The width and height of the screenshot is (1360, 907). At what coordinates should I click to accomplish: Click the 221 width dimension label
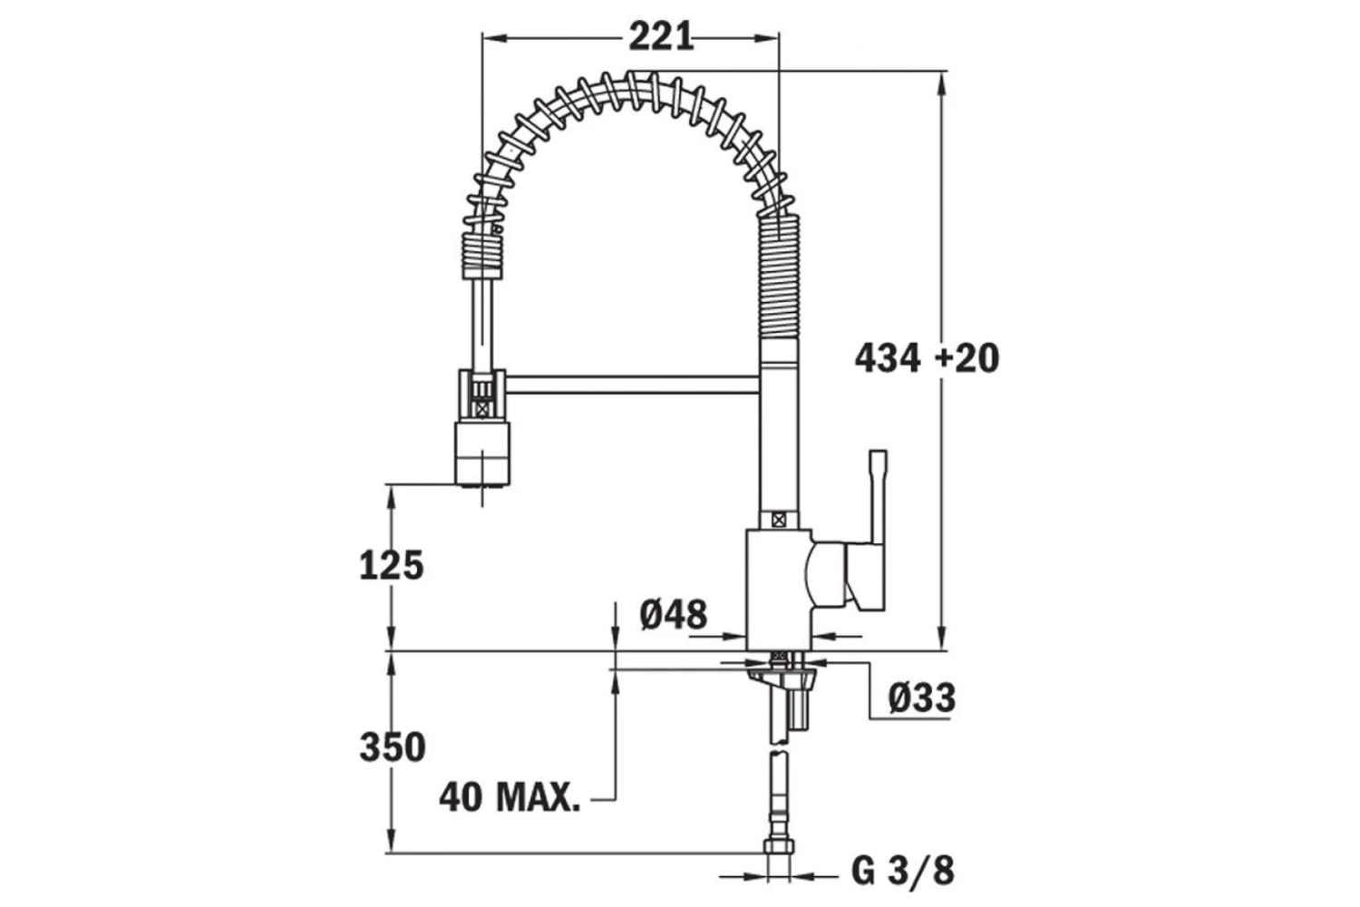coord(661,37)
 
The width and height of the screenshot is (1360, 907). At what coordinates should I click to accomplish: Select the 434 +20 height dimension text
coord(927,358)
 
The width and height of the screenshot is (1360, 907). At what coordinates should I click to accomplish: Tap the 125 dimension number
coord(392,565)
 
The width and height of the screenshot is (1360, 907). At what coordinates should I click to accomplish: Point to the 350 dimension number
coord(392,747)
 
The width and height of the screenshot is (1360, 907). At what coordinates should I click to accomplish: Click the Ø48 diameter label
coord(673,615)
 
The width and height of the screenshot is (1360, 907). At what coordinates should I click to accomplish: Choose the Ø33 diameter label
coord(921,697)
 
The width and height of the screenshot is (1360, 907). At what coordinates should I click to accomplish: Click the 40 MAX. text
coord(510,797)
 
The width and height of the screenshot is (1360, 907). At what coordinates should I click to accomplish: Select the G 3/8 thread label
coord(902,872)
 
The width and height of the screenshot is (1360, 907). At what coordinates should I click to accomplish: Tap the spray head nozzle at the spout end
coord(481,458)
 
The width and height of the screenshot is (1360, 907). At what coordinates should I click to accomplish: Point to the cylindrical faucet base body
coord(777,590)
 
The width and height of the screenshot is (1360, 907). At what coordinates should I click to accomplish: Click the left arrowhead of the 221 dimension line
coord(491,37)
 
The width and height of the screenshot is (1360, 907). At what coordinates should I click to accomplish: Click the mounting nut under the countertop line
coord(782,676)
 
